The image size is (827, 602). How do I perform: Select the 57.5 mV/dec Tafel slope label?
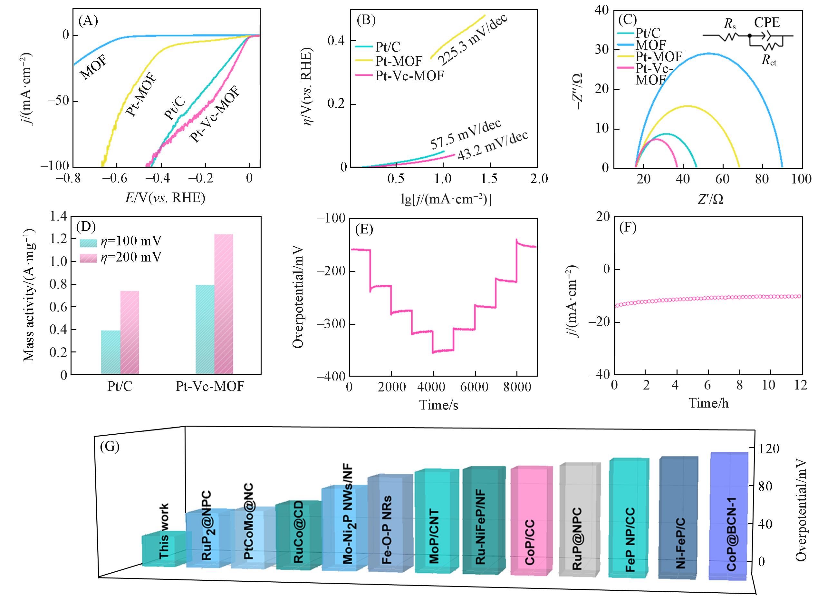tap(466, 134)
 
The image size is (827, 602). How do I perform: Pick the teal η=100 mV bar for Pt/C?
tap(111, 352)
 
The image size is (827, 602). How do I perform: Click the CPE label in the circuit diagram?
tap(767, 23)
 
